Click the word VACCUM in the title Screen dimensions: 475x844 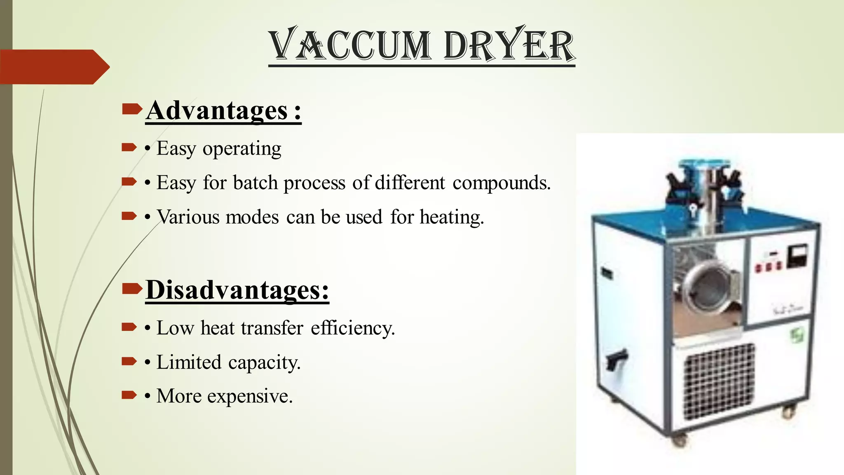350,45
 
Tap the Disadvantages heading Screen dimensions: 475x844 237,290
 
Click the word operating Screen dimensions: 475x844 242,149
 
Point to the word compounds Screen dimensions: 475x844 501,183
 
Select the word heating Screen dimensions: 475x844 452,217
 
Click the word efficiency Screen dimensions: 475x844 353,328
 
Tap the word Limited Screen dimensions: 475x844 189,362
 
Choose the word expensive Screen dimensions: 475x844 250,396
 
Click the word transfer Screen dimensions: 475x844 272,328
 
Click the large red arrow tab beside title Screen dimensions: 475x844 54,67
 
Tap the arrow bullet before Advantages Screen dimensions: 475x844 132,109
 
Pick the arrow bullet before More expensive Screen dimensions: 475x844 129,395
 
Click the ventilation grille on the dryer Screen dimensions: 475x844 719,381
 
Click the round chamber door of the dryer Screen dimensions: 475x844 705,289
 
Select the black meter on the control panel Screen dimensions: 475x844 797,256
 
